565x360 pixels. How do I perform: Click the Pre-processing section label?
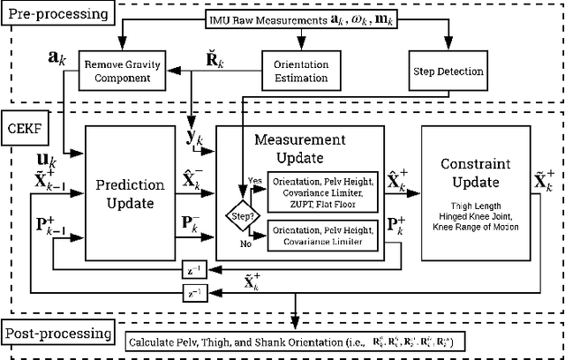[x=58, y=14]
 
